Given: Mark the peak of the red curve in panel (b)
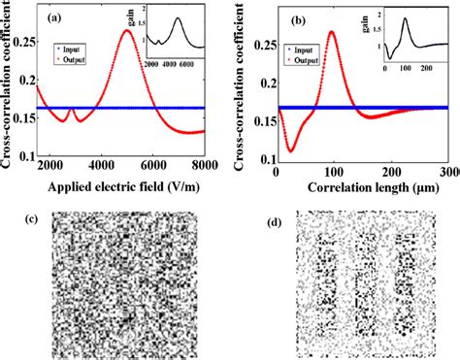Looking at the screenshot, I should (333, 32).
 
